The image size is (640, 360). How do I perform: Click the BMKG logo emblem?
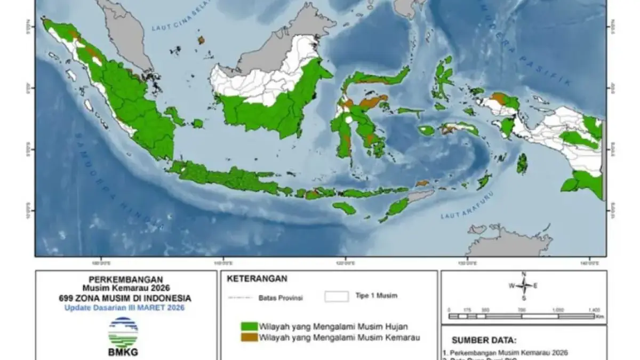pyautogui.click(x=123, y=332)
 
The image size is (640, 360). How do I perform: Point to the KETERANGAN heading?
pyautogui.click(x=257, y=278)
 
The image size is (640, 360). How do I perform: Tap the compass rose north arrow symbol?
pyautogui.click(x=524, y=285)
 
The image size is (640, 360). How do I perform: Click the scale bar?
pyautogui.click(x=522, y=316)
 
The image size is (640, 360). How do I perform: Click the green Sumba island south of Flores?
pyautogui.click(x=344, y=208)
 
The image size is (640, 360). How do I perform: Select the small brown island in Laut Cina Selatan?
pyautogui.click(x=201, y=40)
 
